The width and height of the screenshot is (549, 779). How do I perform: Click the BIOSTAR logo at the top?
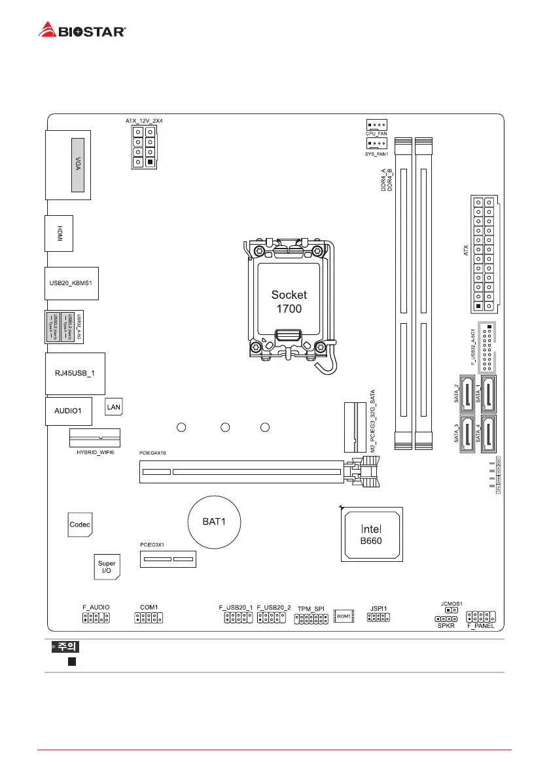tap(82, 29)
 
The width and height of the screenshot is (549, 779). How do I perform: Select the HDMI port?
tap(59, 233)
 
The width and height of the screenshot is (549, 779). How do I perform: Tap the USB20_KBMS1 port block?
tap(71, 283)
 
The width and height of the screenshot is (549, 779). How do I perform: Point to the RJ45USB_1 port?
tap(74, 373)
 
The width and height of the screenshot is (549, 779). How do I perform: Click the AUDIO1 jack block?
tap(67, 411)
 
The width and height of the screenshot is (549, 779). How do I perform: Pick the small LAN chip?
tap(114, 407)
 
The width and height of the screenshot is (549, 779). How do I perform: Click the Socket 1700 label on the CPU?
tap(289, 301)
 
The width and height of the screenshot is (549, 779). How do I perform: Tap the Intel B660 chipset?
tap(372, 534)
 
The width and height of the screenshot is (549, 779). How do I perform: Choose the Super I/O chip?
tap(106, 567)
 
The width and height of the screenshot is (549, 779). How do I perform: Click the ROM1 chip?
tap(344, 616)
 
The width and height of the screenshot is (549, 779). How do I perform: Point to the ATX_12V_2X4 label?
tap(144, 121)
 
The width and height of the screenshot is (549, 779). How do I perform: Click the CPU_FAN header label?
tap(376, 133)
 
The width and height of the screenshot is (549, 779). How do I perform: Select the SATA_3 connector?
tap(467, 433)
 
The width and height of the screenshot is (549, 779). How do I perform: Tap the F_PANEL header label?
tap(480, 626)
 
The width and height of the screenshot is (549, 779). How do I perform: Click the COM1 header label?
tap(149, 608)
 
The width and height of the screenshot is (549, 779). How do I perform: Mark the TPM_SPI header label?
tap(311, 608)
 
